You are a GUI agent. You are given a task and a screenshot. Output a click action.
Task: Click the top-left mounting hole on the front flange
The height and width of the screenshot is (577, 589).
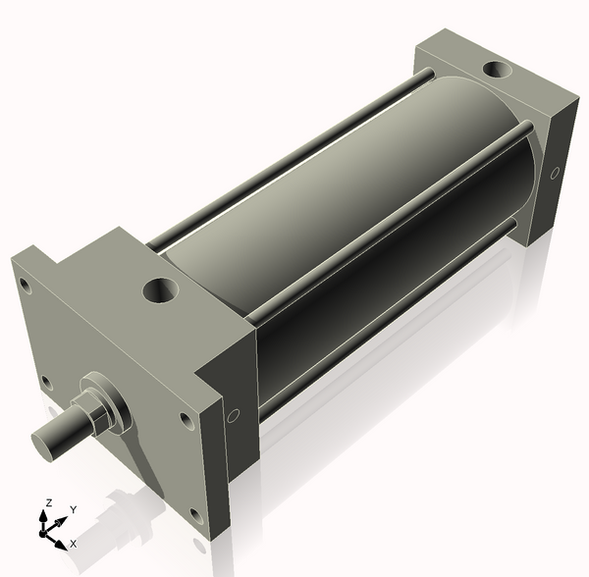(x=21, y=286)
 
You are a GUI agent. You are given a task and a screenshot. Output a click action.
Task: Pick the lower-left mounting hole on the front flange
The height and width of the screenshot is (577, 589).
(x=44, y=383)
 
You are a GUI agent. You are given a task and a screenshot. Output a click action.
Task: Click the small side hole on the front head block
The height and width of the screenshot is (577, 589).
(x=233, y=415)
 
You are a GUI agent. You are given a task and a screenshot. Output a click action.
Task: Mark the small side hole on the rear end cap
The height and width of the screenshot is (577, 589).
(x=555, y=174)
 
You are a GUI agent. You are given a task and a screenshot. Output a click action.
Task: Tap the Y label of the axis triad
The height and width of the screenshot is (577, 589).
(x=73, y=509)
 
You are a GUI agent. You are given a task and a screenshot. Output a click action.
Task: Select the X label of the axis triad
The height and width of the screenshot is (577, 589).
(x=73, y=543)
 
